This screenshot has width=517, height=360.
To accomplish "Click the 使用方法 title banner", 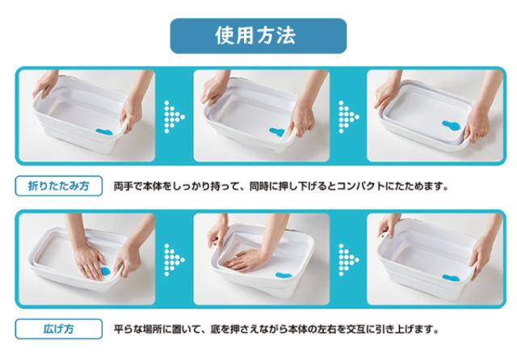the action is (x=258, y=36).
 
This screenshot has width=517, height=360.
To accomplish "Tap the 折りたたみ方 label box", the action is (x=59, y=186).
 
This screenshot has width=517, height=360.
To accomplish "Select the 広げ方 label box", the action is (x=59, y=329).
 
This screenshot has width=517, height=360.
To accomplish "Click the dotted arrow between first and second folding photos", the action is (x=174, y=117).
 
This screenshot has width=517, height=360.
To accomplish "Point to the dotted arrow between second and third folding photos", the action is (x=348, y=117).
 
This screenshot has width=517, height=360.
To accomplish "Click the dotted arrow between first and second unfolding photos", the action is (x=174, y=260).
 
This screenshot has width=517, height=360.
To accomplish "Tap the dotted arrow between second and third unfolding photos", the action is (x=348, y=260).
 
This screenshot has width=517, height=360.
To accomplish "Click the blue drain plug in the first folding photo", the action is (x=104, y=132).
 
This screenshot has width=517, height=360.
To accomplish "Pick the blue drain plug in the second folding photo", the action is (x=277, y=132).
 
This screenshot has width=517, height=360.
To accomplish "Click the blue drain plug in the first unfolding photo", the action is (x=106, y=272).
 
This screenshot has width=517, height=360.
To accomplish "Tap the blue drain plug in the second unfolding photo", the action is (x=284, y=275).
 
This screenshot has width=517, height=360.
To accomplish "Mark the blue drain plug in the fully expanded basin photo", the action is (x=452, y=278).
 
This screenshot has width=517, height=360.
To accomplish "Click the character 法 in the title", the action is (x=286, y=36).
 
